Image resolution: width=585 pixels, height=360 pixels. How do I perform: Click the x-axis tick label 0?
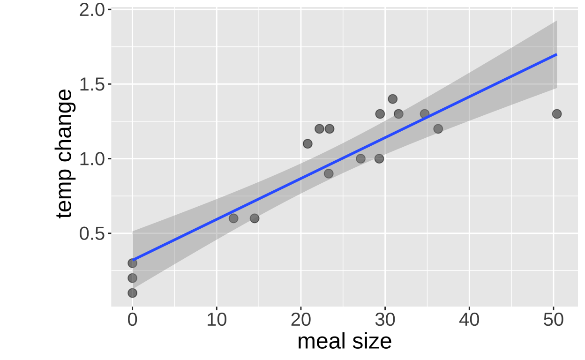point(132,321)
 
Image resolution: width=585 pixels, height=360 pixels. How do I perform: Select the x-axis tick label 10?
point(217,321)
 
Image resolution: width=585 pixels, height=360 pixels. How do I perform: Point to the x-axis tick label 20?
point(300,321)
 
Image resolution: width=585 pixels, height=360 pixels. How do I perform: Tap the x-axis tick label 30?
point(385,321)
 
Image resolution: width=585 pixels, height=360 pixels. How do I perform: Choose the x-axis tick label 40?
point(469,321)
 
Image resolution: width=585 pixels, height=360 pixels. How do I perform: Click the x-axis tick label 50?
point(553,321)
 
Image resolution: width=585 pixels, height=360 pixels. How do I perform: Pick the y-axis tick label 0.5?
point(92,233)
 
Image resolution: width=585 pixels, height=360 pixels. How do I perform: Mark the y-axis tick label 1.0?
point(92,159)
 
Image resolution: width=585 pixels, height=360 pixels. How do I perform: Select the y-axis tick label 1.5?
point(92,84)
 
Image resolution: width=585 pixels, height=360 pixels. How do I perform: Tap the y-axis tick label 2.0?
point(92,10)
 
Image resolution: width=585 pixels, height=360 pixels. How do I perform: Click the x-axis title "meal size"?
point(345,341)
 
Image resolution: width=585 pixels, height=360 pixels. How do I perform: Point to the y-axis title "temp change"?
point(65,154)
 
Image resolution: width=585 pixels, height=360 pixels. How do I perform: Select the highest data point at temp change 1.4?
point(393,99)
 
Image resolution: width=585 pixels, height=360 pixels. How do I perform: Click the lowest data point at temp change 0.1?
point(132,293)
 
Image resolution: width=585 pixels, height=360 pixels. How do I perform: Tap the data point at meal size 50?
point(557,114)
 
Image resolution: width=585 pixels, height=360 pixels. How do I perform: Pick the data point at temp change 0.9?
point(329,173)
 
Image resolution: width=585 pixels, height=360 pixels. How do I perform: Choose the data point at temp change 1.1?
point(307,143)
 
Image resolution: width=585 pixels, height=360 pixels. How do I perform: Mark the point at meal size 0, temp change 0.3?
point(132,263)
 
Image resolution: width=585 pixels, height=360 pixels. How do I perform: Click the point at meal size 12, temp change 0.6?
point(233,218)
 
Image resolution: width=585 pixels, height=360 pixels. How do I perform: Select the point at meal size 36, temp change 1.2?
point(438,129)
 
